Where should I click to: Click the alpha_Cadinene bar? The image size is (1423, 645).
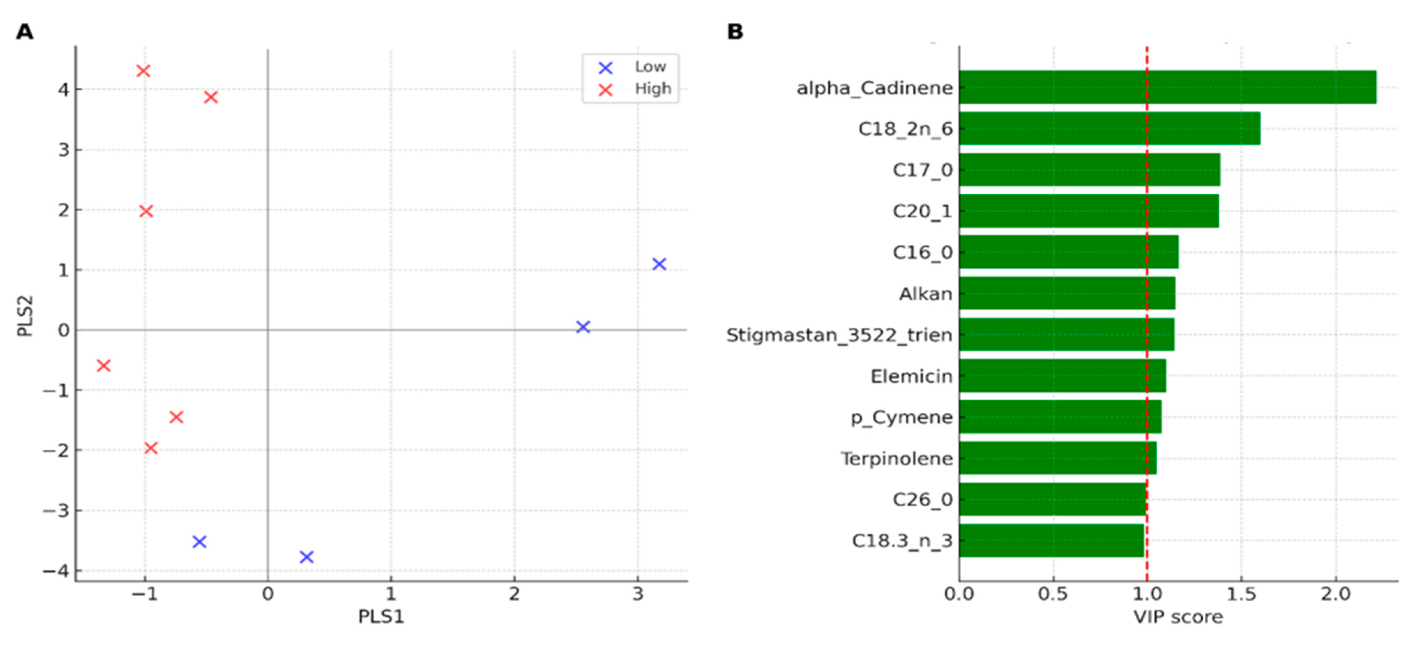click(x=1167, y=87)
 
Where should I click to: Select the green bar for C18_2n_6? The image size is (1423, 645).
click(x=1109, y=128)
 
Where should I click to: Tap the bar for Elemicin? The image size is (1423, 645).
click(x=1062, y=376)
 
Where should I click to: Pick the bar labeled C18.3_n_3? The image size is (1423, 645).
click(x=1051, y=541)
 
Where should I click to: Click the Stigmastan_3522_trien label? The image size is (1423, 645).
click(x=838, y=335)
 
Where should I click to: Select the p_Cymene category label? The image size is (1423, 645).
click(x=901, y=417)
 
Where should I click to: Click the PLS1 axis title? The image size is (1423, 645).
click(x=381, y=617)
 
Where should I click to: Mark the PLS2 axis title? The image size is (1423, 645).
click(x=25, y=316)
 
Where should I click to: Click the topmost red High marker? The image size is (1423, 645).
click(x=143, y=71)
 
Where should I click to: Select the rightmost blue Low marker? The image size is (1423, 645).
click(x=659, y=264)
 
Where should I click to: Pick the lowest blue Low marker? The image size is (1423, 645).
click(x=306, y=557)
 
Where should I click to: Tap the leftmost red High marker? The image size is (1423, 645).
click(x=103, y=365)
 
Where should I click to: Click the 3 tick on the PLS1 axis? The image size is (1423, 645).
click(x=638, y=594)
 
